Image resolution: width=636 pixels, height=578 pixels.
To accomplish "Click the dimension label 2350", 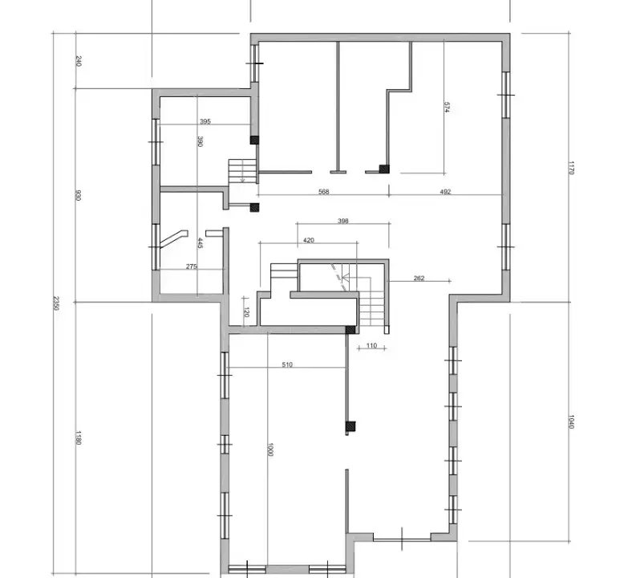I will [x=56, y=303].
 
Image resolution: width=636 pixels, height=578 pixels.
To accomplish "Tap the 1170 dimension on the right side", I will [x=571, y=167].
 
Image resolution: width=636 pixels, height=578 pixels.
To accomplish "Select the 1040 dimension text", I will [x=571, y=421].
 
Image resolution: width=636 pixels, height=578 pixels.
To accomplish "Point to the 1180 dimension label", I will [x=78, y=438].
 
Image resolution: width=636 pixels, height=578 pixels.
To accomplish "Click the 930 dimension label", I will [x=78, y=195].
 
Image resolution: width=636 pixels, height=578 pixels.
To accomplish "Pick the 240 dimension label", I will [x=78, y=61].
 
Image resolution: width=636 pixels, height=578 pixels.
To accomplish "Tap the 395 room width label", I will [x=205, y=121].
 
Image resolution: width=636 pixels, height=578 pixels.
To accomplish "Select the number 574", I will [x=447, y=107].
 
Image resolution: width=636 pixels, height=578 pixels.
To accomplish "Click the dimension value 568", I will [x=323, y=192].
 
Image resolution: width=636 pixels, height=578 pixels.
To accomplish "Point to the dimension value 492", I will [x=446, y=192].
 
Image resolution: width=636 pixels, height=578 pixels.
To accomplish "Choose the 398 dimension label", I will [x=342, y=221].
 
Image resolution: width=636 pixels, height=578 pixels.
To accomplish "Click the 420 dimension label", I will [x=308, y=239].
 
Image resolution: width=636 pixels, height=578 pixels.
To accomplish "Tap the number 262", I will [x=419, y=279].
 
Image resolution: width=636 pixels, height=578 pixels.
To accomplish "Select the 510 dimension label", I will [x=287, y=364].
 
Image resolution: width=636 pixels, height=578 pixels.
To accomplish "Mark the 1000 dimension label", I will [x=271, y=450].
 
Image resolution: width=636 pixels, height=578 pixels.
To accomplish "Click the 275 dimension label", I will [x=192, y=267].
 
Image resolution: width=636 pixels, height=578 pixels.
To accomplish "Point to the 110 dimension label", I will [x=371, y=345].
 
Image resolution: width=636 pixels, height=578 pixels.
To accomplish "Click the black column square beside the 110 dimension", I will [x=350, y=330].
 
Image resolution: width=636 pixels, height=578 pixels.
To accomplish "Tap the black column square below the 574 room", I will [x=384, y=169].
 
